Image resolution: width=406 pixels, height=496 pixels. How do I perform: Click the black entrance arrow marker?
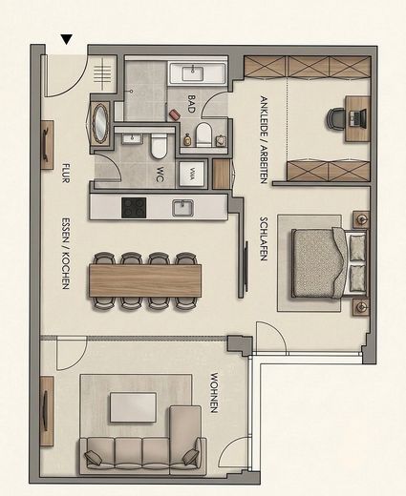pos(67,39)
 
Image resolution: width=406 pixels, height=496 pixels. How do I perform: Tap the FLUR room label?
pos(66,173)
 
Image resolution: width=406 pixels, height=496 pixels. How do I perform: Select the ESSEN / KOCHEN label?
pos(65,254)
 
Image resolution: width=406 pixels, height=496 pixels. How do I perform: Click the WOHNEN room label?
pos(214,393)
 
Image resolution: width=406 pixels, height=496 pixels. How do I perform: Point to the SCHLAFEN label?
pos(264,238)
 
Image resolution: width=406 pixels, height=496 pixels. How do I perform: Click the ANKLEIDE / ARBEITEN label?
pos(264,139)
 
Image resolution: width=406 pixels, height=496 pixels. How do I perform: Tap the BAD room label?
pos(191,104)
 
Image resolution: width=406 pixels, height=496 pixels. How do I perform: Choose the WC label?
pos(160,175)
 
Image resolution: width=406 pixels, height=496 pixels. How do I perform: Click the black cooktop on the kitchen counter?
pos(134,208)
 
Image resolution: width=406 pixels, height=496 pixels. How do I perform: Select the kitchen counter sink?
pos(182,208)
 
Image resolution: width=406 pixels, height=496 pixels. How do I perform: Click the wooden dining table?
pos(145,280)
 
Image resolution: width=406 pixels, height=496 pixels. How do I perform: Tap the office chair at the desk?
pos(335,119)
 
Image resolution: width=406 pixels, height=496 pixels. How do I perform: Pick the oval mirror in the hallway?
pos(100,124)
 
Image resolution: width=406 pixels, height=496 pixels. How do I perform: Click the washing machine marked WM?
pos(191,174)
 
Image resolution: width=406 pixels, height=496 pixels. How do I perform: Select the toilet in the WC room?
pos(159,147)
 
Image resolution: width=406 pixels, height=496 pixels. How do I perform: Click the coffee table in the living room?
pos(133,407)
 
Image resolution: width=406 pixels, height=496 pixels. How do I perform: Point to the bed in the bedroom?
pos(329,263)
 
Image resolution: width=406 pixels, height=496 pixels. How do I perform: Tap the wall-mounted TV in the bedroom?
pos(246,267)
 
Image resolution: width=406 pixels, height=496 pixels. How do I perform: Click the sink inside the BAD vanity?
pos(193,73)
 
